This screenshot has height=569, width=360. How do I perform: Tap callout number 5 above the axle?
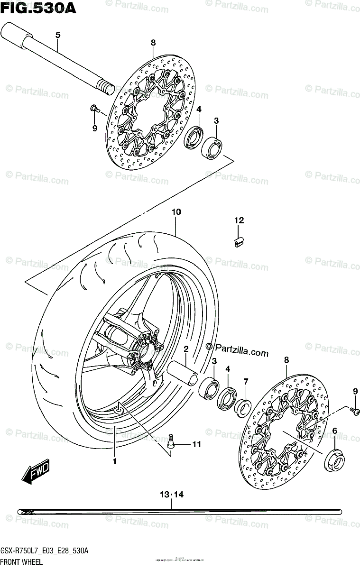coord(58,35)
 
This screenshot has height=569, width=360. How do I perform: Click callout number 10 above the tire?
coord(176,212)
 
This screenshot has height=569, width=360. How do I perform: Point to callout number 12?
coord(239,220)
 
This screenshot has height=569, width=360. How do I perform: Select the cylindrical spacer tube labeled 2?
coord(185,372)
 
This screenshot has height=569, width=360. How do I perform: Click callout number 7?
coord(246,381)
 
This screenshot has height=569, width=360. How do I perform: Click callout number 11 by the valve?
coord(196,444)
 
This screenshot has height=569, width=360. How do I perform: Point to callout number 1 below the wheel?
coord(114,461)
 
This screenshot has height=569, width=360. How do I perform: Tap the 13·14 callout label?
coord(171,495)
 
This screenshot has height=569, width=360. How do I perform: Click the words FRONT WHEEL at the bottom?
coord(21,562)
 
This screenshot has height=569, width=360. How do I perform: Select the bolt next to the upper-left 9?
coord(93,109)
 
